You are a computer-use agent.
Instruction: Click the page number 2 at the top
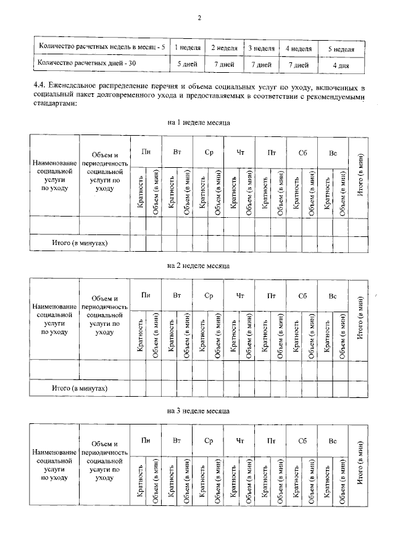[200, 18]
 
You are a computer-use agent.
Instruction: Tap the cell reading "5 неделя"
[340, 48]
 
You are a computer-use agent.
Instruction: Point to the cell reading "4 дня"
[340, 64]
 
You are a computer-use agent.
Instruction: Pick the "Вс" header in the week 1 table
[333, 152]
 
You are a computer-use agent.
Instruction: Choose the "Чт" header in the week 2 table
[239, 296]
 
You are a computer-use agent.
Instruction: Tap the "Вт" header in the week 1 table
[177, 152]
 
